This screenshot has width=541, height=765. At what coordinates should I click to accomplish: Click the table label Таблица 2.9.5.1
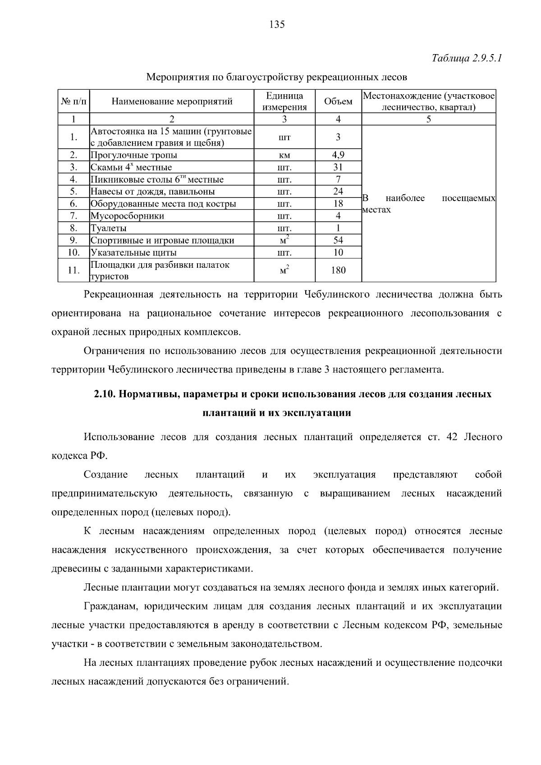point(467,59)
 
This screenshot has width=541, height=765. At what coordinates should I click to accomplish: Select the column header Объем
point(338,101)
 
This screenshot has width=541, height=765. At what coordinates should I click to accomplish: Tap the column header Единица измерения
point(284,101)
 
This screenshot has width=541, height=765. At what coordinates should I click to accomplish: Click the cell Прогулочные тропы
point(134,155)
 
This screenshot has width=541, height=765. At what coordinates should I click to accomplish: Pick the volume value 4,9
point(338,155)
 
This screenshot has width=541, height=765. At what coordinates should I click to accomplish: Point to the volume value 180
point(338,270)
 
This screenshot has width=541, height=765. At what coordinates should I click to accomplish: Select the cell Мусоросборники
point(128,216)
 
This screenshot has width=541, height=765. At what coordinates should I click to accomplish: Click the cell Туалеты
point(109,228)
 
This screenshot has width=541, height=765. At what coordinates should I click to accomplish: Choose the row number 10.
point(74,252)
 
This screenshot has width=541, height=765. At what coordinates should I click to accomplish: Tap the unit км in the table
point(284,156)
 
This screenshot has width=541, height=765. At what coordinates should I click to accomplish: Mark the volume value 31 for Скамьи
point(338,167)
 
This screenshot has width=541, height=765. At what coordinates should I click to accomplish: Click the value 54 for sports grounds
point(338,240)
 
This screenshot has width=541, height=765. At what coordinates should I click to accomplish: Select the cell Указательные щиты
point(134,252)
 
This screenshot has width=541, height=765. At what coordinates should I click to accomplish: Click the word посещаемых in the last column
point(468,198)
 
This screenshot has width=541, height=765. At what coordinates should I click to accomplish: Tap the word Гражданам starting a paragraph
point(110,606)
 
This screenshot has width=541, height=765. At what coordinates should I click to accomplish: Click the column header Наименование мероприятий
point(172,101)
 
